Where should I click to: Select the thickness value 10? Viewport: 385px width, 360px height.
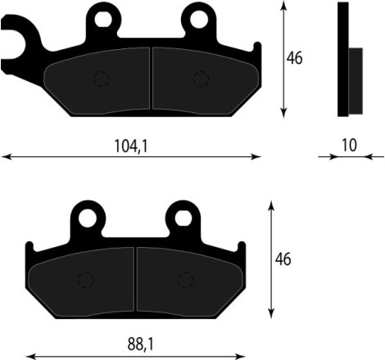coord(349,145)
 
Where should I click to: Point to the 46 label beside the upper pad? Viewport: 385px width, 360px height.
coord(295,58)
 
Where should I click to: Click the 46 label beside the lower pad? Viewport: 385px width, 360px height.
coord(283,259)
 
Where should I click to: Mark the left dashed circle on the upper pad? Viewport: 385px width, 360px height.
coord(102,79)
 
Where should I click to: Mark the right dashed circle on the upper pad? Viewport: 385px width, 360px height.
coord(200,79)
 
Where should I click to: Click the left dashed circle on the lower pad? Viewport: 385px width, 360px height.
coord(84,280)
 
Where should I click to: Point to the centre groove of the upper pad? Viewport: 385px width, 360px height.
coord(151,79)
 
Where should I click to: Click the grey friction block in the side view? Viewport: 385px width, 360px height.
coord(356,81)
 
